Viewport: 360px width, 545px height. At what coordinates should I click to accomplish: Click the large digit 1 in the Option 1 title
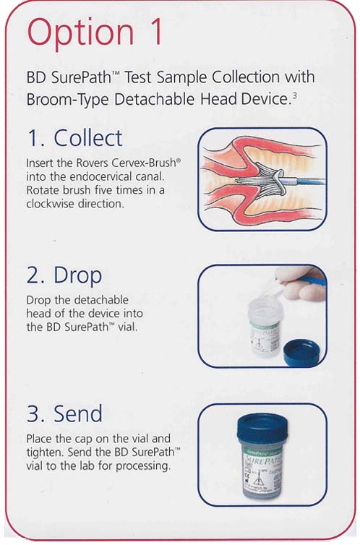click(x=153, y=31)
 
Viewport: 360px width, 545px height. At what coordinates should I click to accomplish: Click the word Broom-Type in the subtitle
click(x=68, y=100)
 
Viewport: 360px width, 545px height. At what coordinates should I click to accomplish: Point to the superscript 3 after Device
click(x=294, y=95)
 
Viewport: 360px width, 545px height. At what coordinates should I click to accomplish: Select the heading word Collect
click(x=88, y=138)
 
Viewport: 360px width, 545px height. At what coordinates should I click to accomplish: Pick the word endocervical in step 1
click(x=99, y=176)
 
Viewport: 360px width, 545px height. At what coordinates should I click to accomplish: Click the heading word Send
click(x=78, y=413)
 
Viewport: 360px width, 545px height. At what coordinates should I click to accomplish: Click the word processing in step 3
click(x=143, y=466)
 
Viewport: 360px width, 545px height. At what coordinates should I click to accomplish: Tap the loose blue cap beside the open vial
click(x=301, y=353)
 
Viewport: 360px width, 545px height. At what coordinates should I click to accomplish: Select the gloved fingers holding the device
click(x=301, y=283)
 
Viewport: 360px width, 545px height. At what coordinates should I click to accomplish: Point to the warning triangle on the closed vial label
click(x=257, y=481)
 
